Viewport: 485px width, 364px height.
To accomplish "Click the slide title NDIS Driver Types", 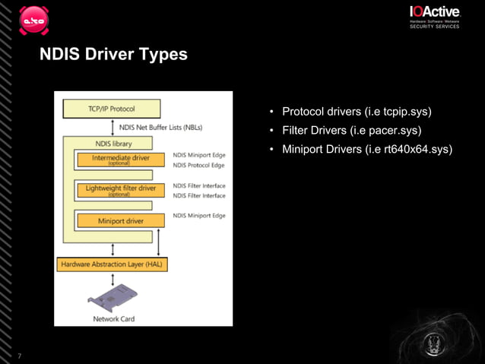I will tap(114, 55).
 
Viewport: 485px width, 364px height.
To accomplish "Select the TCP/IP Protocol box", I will tap(110, 109).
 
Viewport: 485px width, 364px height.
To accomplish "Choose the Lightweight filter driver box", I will tap(120, 188).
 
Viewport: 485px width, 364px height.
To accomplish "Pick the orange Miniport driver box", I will tap(120, 220).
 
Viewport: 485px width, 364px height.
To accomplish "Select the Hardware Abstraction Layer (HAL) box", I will tap(113, 264).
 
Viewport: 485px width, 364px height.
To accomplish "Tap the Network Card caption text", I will tap(114, 318).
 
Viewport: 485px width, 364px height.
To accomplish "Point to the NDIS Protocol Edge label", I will tap(199, 165).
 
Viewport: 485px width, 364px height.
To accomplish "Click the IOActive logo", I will tap(434, 13).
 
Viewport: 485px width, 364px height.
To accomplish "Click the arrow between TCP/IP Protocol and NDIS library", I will tap(113, 127).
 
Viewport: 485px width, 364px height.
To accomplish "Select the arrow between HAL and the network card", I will tap(113, 279).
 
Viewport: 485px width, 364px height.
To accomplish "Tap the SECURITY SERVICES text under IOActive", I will tap(434, 27).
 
